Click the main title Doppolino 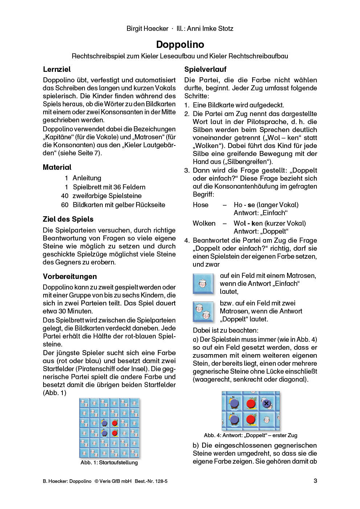point(180,45)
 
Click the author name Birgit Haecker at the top point(147,29)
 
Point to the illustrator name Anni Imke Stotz point(210,29)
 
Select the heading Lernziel point(57,69)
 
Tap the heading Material point(57,167)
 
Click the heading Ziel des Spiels point(68,219)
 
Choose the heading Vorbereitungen point(70,276)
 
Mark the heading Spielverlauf point(205,69)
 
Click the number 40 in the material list point(65,196)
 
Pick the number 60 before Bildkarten point(65,205)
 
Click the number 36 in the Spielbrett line point(117,187)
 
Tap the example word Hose point(200,205)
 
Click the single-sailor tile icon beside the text point(203,284)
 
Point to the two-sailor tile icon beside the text point(203,312)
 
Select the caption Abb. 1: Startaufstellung point(109,463)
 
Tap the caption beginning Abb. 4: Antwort point(250,435)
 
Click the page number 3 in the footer point(315,481)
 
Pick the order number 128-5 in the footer point(161,481)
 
